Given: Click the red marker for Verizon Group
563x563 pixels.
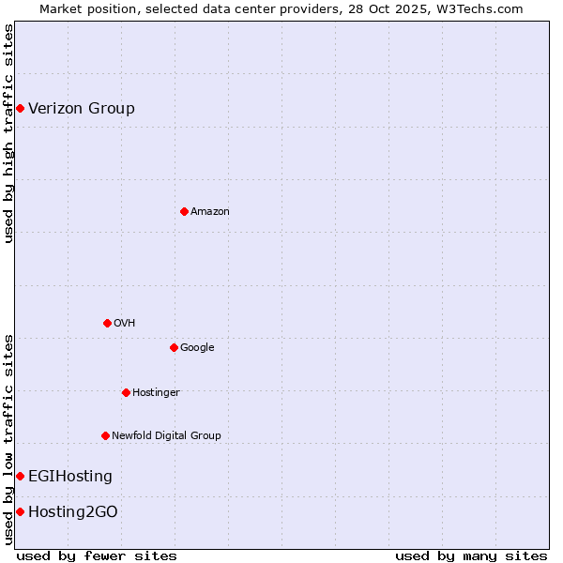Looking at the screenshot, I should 20,109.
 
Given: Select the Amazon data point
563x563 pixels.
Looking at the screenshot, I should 184,211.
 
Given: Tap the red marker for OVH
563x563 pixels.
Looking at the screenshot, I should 107,323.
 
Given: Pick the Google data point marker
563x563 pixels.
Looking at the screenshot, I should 174,347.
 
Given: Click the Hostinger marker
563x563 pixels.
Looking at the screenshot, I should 126,392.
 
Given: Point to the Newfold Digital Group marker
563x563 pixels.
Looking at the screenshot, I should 105,435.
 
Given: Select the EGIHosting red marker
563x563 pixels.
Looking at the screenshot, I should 20,477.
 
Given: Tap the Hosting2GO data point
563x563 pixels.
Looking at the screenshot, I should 20,511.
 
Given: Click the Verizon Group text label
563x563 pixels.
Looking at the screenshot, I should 82,109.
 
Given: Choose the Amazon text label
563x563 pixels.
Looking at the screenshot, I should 210,212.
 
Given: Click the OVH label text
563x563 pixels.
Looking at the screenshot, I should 125,324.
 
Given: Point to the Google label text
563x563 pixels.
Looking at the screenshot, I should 197,348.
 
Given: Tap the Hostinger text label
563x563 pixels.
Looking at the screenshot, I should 156,393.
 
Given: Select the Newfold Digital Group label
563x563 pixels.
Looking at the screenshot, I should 166,436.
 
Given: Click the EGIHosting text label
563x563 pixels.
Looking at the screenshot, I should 70,477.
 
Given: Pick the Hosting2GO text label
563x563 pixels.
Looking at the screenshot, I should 73,512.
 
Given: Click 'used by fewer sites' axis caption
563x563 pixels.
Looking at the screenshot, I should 97,555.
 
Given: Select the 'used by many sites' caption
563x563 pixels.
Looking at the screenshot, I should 471,555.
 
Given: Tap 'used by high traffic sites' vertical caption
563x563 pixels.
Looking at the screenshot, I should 9,133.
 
